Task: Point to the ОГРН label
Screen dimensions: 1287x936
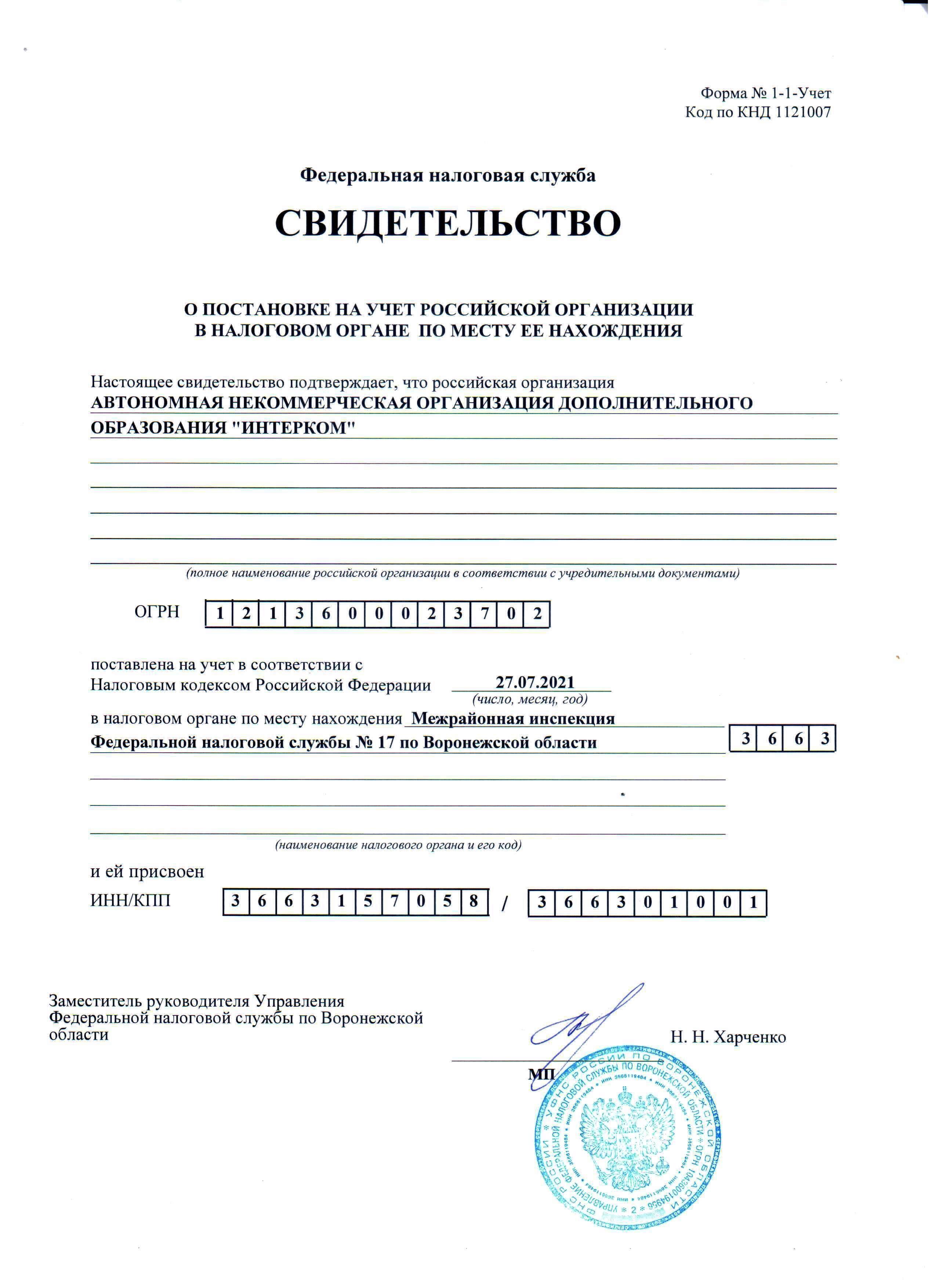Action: point(157,612)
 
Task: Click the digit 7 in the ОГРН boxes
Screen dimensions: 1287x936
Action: point(484,614)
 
